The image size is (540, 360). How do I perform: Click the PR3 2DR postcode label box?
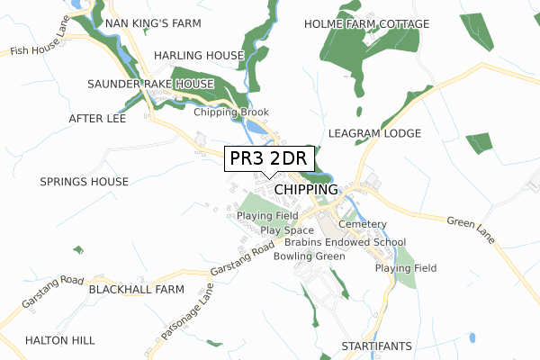(268, 158)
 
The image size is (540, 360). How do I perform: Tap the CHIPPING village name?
(306, 190)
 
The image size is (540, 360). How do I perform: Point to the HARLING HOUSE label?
(199, 56)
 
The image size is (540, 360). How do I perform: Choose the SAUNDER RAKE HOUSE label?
(150, 84)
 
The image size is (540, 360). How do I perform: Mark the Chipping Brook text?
(231, 112)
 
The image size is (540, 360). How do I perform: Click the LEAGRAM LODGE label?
(375, 133)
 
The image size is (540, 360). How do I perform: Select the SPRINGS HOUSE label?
(85, 182)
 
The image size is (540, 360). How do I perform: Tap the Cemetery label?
(363, 224)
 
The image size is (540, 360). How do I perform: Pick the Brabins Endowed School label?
(345, 243)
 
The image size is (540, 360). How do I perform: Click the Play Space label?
(287, 230)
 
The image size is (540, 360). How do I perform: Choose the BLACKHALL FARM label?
(136, 290)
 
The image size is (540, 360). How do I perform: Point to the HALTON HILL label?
(59, 340)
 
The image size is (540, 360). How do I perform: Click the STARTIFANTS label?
(377, 346)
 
